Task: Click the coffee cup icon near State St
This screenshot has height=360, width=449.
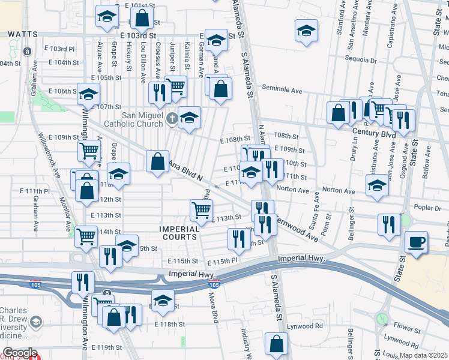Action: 416,242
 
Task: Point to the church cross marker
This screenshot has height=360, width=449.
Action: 172,118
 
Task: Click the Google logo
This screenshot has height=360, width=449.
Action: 19,353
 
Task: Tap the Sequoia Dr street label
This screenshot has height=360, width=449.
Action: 360,60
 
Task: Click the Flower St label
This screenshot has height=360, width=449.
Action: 407,329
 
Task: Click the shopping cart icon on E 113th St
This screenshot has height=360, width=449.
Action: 201,209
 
